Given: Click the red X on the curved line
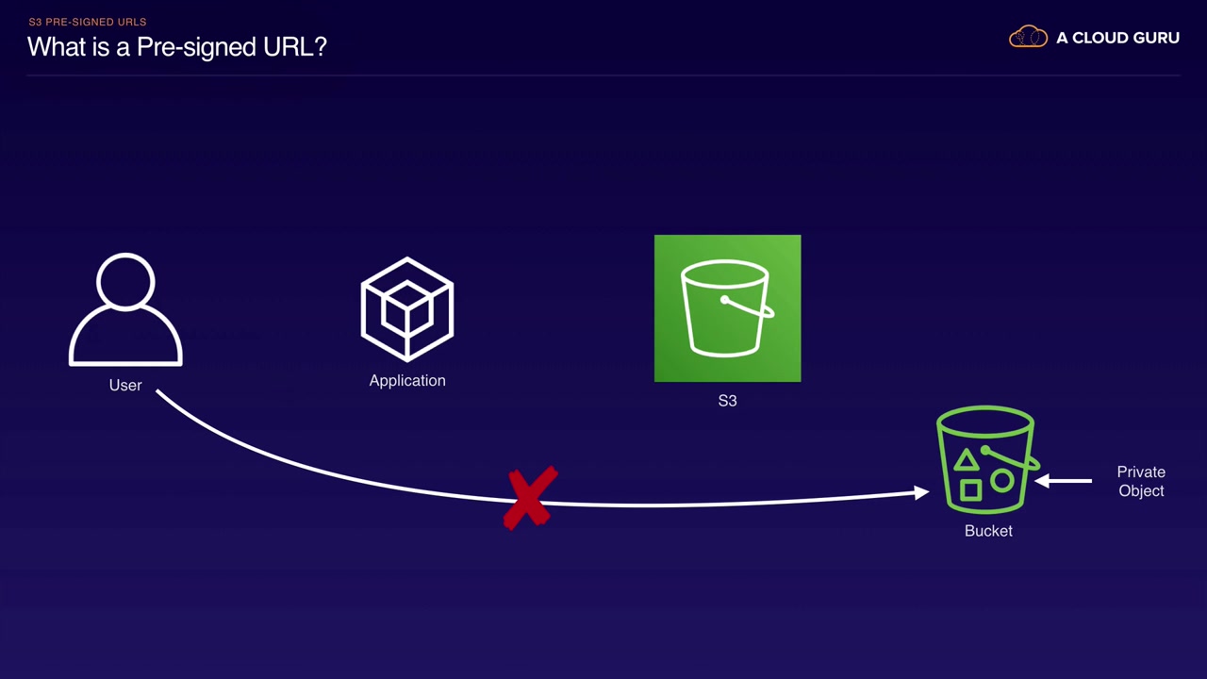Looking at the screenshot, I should point(531,498).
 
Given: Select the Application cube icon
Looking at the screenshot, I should point(407,308).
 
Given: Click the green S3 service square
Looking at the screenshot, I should point(727,308).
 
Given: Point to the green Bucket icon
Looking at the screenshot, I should point(986,460).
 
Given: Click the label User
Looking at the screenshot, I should point(125,385).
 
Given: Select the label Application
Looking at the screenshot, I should point(407,380).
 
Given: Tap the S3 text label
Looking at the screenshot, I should point(727,401).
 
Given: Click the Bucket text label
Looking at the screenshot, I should point(988,531).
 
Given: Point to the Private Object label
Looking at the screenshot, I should point(1141,481).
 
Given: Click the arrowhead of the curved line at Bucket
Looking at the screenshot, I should point(921,492).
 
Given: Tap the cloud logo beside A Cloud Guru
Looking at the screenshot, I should point(1028,38).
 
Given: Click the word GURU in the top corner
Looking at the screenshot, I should point(1153,38).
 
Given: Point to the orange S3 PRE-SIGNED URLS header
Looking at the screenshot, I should point(88,22).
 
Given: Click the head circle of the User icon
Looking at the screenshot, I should point(125,281).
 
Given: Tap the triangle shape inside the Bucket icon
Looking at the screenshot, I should point(966,461).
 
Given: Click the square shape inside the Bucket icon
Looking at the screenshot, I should point(970,489).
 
